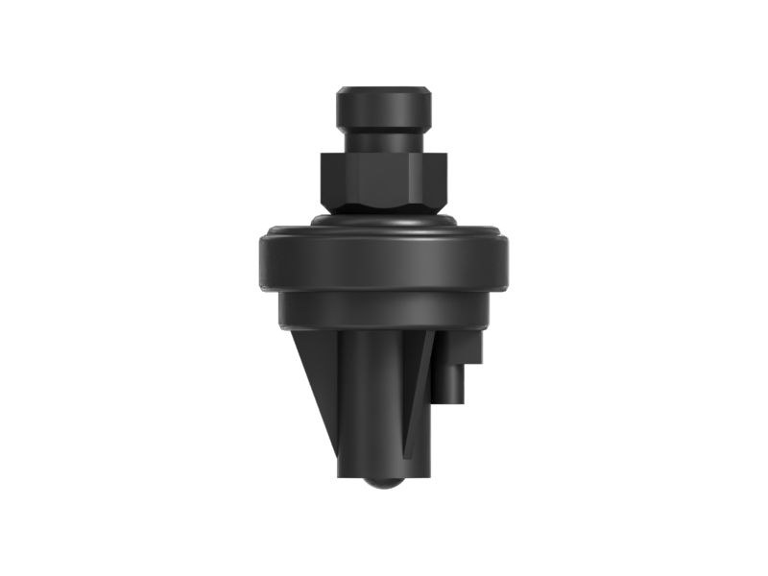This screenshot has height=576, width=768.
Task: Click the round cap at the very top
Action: click(382, 108)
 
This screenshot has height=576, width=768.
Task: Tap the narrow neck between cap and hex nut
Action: click(382, 139)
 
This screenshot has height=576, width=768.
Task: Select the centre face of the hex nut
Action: click(381, 179)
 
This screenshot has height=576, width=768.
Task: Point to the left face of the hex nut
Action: click(335, 179)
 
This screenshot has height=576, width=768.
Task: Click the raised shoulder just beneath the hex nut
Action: click(382, 220)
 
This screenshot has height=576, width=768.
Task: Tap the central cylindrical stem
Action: click(370, 403)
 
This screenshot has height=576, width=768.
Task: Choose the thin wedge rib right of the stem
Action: click(417, 394)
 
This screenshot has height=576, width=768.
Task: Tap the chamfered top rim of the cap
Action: click(382, 90)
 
